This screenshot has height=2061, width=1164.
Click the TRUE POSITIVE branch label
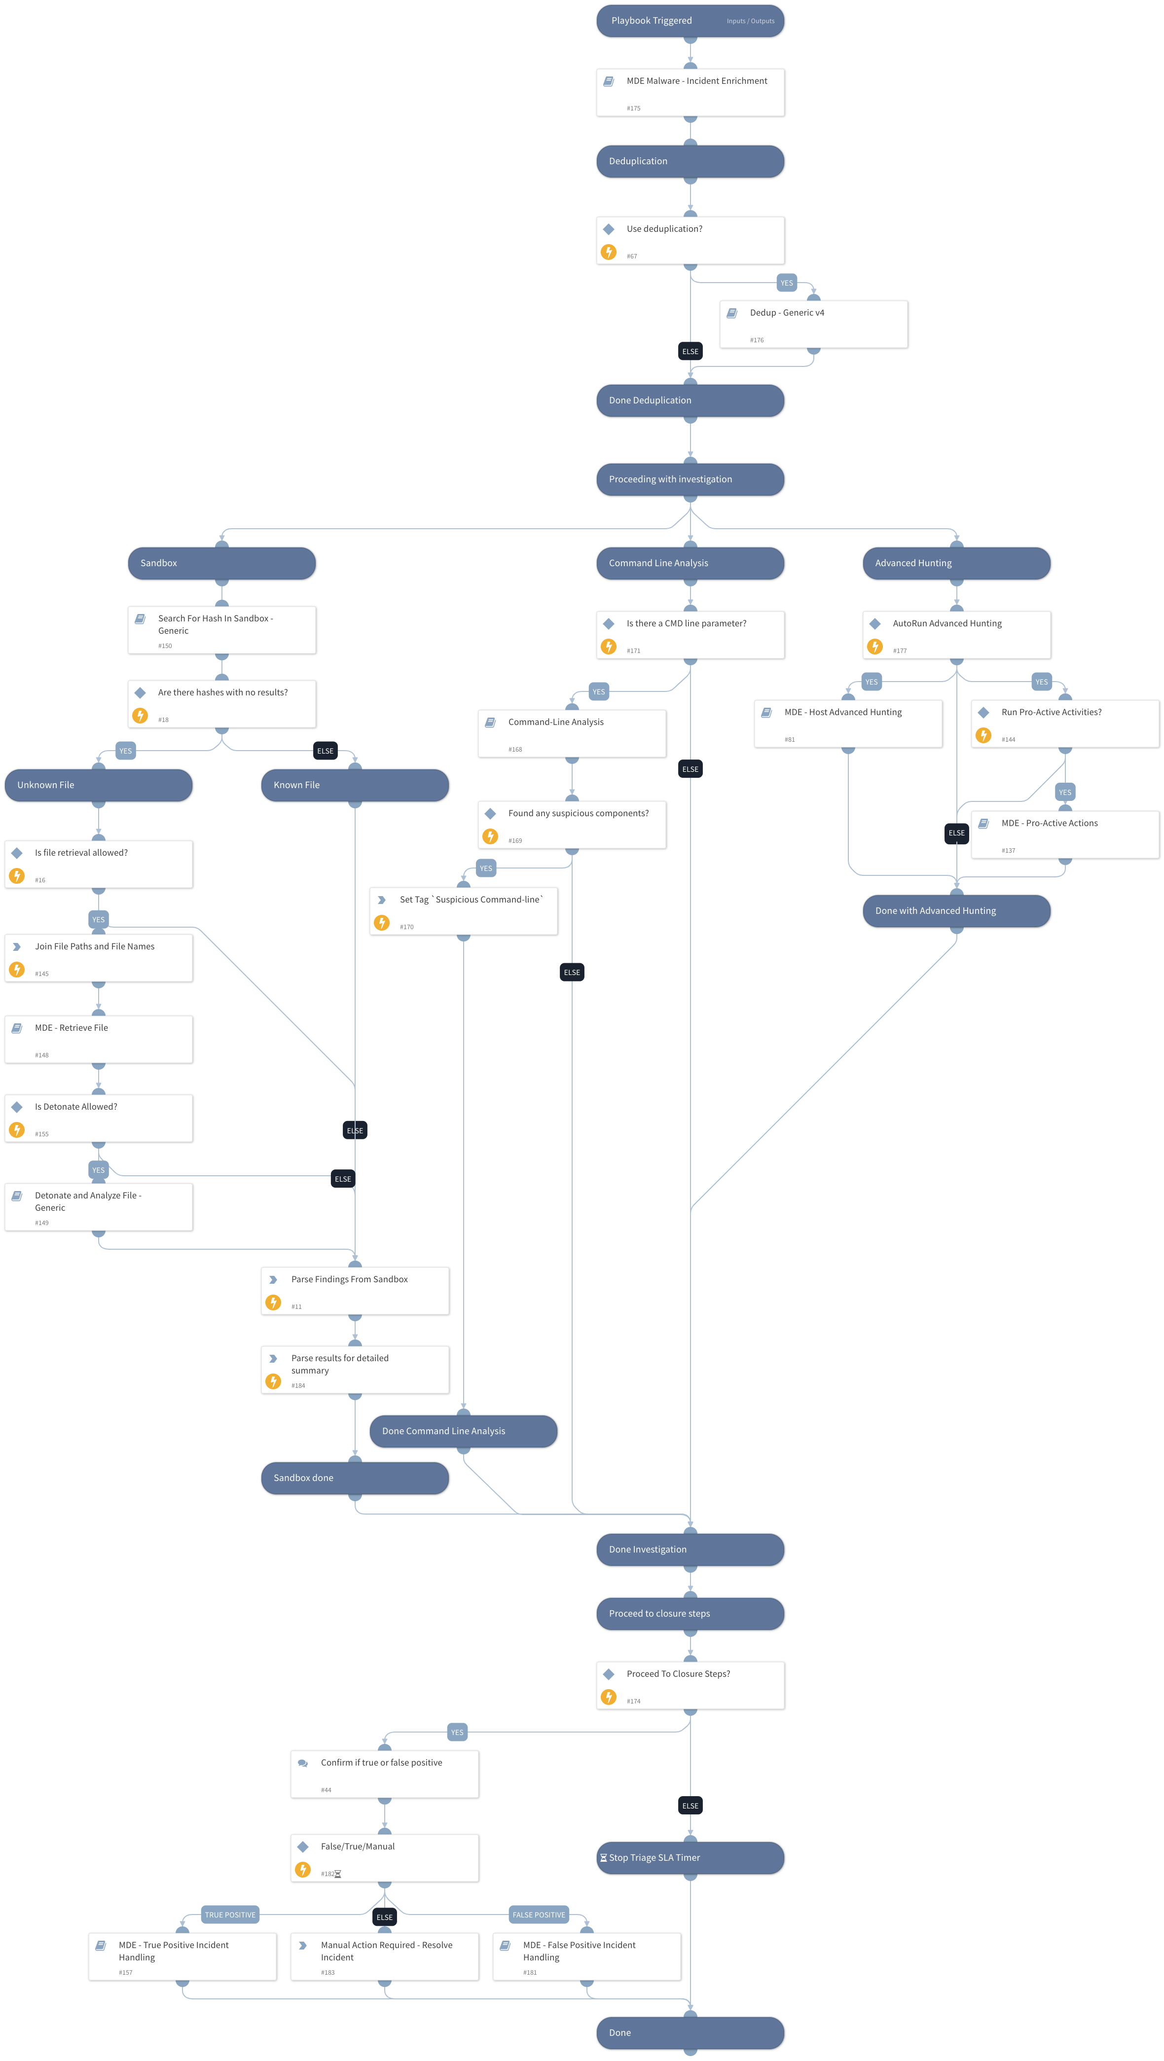(x=230, y=1915)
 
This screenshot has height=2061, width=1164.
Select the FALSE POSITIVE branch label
(x=539, y=1915)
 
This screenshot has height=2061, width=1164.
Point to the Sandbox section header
(x=221, y=563)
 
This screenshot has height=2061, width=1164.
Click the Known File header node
(x=355, y=785)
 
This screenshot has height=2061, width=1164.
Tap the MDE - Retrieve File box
(x=99, y=1039)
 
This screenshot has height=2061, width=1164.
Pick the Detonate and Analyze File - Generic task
(x=99, y=1206)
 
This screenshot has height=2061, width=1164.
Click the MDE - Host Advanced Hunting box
(x=848, y=723)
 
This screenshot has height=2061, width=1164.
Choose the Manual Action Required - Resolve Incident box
(x=384, y=1956)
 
